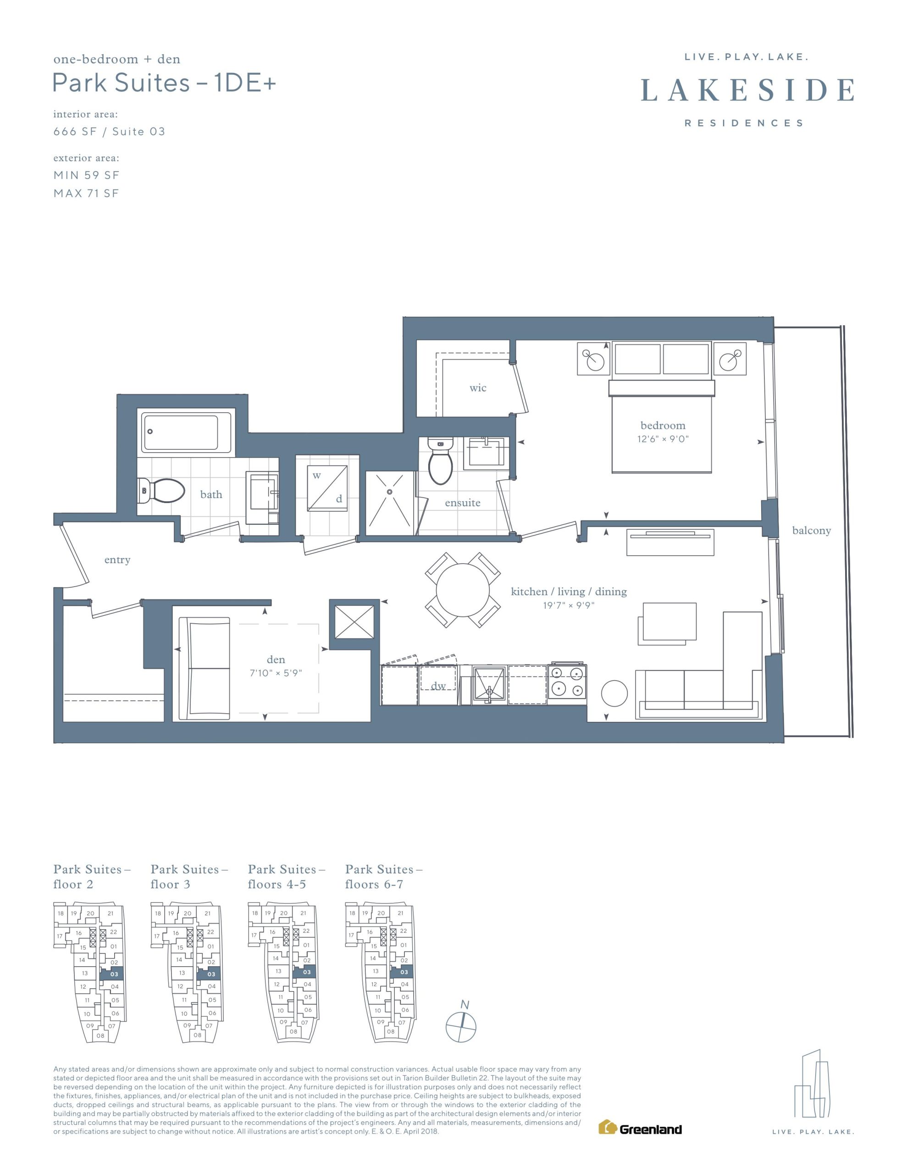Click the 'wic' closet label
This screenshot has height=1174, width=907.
pos(477,388)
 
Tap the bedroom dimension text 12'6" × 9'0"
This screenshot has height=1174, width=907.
pos(663,438)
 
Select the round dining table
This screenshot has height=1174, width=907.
pos(462,590)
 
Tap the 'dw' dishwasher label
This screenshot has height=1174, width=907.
pos(438,686)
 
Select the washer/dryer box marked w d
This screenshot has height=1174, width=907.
pos(327,488)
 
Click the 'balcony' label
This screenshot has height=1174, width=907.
pos(811,531)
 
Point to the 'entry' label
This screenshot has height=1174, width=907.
pos(117,559)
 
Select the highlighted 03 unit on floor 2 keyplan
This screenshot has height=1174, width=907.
pos(112,974)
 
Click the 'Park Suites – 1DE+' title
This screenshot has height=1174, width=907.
pos(164,83)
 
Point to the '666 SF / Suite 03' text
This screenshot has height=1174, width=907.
pos(109,132)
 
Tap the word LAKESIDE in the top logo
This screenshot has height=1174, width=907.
pos(747,90)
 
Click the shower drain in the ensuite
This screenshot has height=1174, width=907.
pos(390,491)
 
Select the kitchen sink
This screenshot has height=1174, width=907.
pos(489,684)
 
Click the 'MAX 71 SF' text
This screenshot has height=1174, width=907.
pos(86,194)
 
